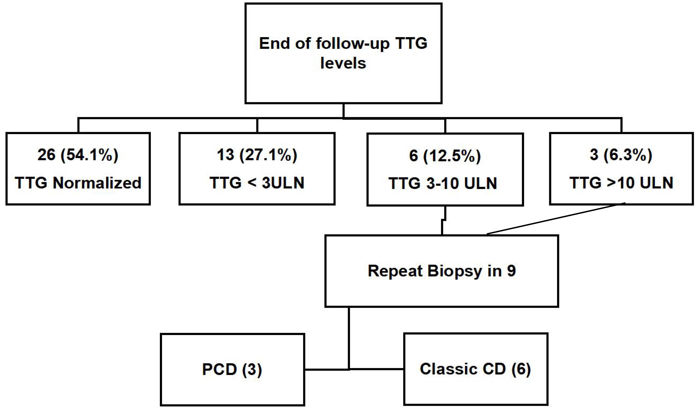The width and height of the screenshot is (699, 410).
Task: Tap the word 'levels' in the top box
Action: point(343,63)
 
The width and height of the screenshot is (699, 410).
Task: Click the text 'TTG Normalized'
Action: point(78,183)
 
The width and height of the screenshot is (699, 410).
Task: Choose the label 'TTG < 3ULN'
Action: point(257,183)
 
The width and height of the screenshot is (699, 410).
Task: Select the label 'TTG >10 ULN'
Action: point(621,183)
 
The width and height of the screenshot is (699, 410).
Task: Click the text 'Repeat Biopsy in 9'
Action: point(442,271)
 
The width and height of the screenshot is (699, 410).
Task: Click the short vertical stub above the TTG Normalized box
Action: point(78,125)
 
